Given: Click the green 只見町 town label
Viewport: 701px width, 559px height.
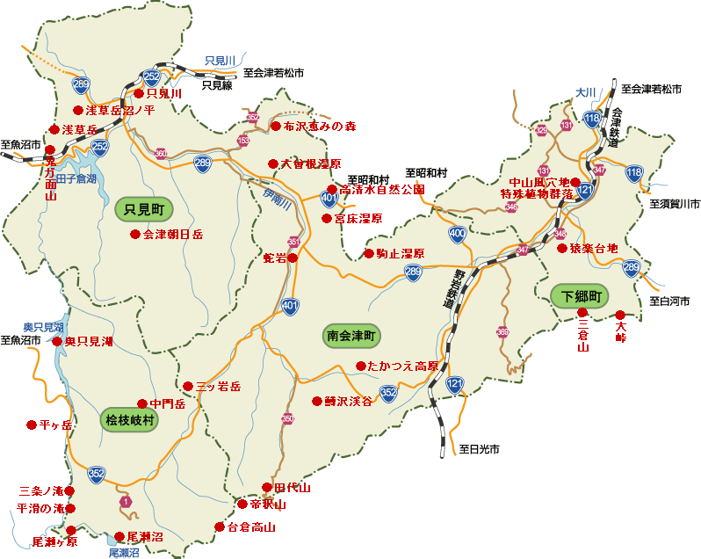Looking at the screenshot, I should pos(145,209).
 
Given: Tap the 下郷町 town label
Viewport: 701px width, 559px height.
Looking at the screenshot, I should pos(581,296).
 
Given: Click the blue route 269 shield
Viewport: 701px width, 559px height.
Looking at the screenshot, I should pos(82,84).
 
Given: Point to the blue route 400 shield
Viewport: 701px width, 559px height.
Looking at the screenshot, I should pos(457,233).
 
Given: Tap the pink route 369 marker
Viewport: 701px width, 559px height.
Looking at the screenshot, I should pos(502,332).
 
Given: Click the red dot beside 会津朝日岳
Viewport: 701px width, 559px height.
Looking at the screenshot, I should pos(134,235).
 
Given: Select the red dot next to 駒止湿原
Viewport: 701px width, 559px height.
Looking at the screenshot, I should pos(369,254).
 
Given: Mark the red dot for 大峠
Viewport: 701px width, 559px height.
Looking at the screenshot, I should pos(620,315).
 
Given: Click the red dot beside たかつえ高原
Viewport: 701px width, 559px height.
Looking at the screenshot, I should pos(360,366).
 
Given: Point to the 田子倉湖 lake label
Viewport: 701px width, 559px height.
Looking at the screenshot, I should pos(76,178).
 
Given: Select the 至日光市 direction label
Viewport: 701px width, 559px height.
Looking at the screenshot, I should pos(479,448).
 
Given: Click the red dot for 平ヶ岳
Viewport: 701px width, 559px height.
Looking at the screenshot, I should pos(32,424).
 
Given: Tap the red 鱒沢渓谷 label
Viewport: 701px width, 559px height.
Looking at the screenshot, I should pos(348,401).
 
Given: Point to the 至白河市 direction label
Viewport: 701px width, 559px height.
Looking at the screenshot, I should pos(669,301).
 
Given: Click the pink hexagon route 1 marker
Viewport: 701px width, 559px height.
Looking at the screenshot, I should pos(126,501).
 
